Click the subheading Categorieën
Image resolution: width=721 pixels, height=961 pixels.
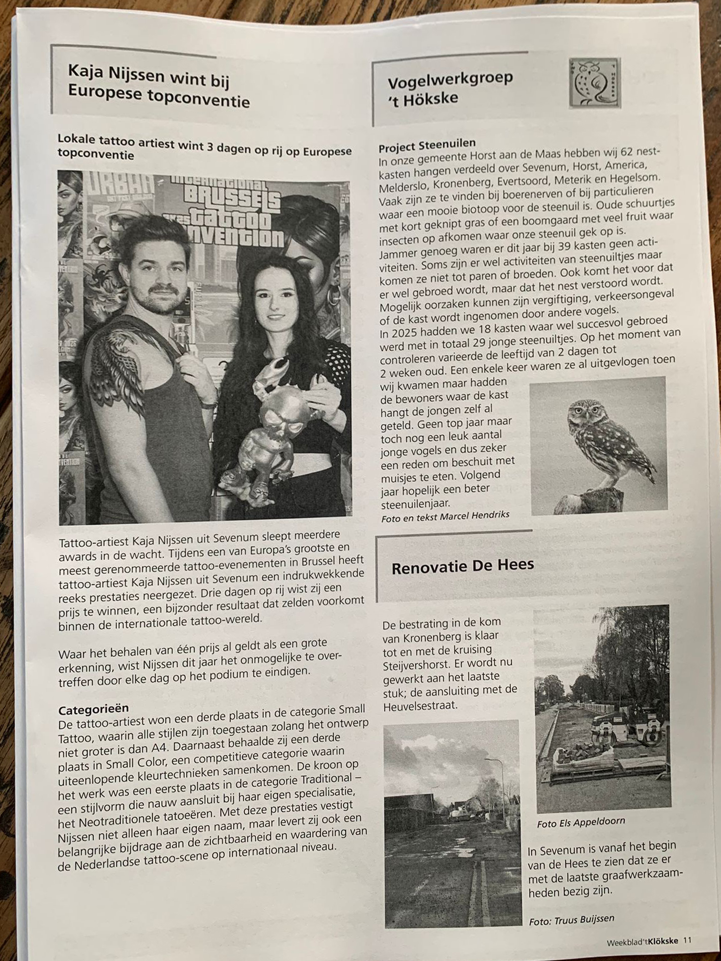tap(93, 708)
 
